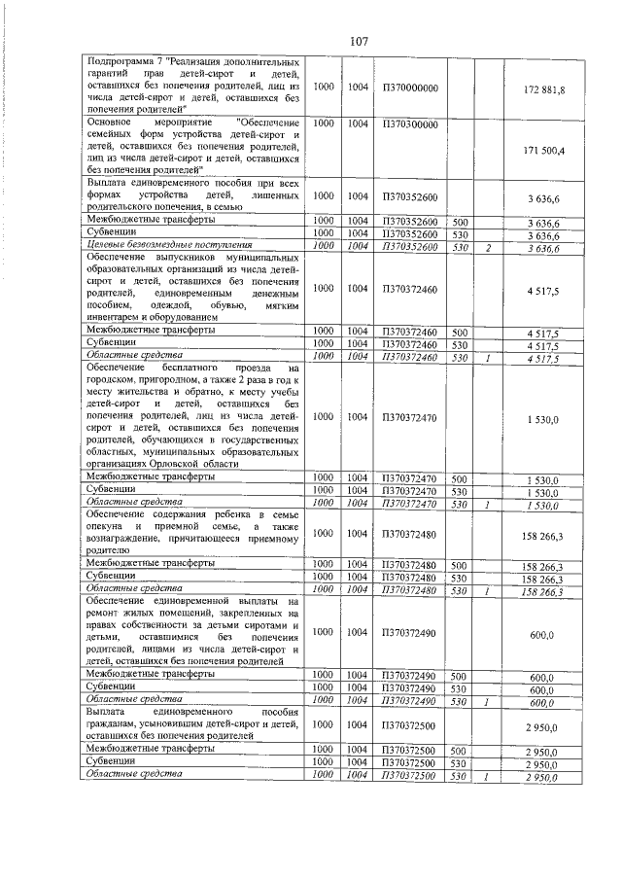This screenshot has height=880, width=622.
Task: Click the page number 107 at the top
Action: (357, 41)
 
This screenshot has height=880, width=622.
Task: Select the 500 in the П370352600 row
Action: (461, 223)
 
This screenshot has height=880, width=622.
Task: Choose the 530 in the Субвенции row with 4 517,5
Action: (461, 345)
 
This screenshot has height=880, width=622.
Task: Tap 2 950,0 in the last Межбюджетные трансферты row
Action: (550, 752)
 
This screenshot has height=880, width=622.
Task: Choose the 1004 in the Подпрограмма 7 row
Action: (358, 88)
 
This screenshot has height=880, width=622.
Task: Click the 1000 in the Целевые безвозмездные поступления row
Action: (324, 247)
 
